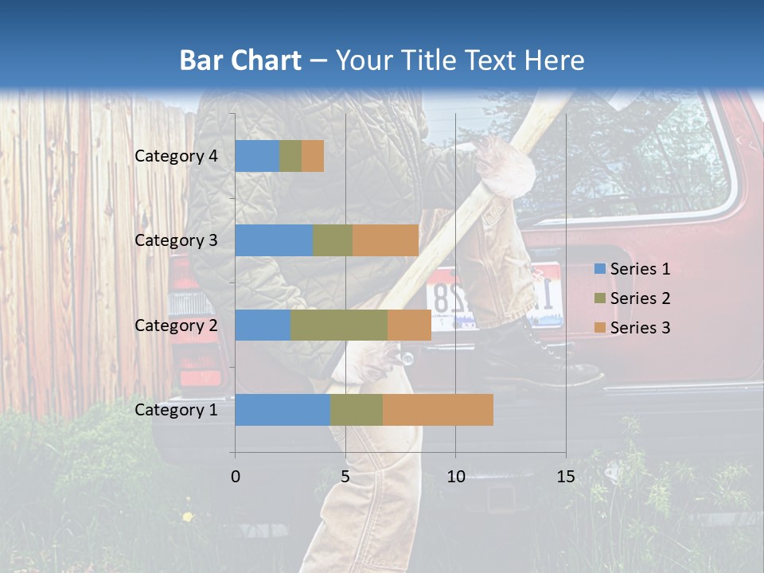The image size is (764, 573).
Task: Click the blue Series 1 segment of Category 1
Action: [x=283, y=409]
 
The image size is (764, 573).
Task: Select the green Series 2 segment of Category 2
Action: [x=339, y=325]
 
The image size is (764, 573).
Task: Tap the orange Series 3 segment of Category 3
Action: [x=385, y=240]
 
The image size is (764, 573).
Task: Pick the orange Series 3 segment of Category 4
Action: [x=313, y=156]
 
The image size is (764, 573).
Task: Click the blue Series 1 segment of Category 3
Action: [x=274, y=240]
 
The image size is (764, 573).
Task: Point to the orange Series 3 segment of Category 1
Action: [x=438, y=409]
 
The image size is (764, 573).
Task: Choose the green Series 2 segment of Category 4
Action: [x=290, y=156]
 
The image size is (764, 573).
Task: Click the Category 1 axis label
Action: [x=176, y=410]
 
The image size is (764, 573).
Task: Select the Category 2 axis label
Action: [x=176, y=325]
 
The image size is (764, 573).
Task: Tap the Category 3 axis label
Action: [x=176, y=240]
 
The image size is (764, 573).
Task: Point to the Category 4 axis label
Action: [x=176, y=156]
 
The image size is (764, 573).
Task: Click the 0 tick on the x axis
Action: [x=236, y=477]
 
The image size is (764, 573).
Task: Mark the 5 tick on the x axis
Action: [x=345, y=477]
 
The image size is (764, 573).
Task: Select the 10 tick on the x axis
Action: [x=455, y=477]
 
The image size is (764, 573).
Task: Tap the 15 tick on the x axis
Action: [x=565, y=477]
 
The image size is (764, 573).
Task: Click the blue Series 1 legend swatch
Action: [x=599, y=269]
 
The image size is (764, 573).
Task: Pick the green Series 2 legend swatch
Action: [x=599, y=298]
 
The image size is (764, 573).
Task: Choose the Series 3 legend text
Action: [x=640, y=328]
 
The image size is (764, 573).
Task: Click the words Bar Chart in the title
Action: [x=240, y=60]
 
